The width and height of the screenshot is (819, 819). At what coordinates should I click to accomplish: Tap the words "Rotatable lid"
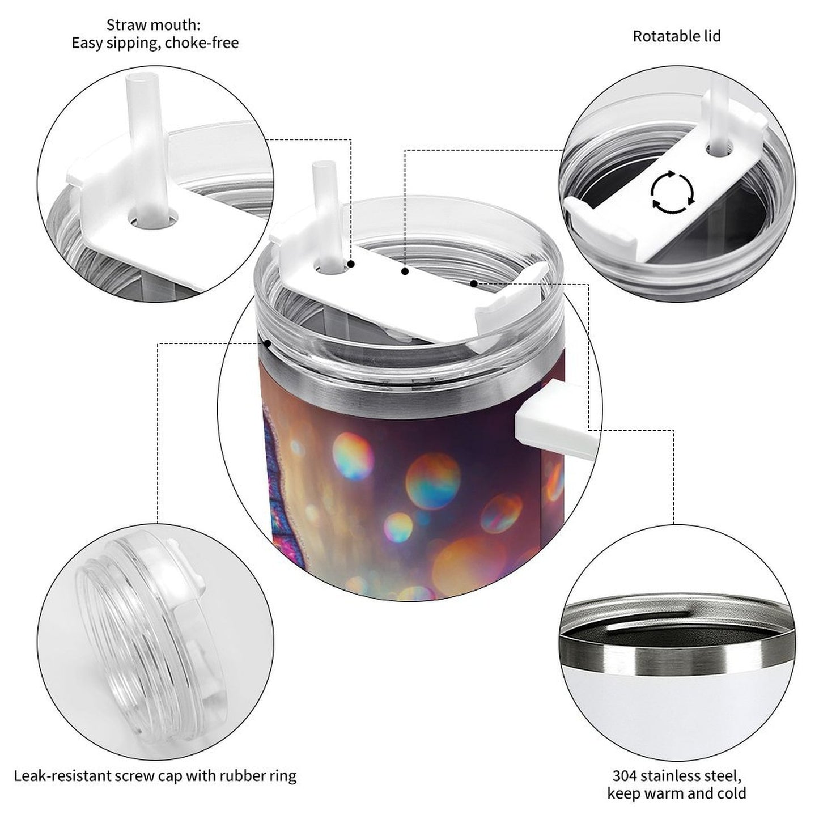pyautogui.click(x=676, y=36)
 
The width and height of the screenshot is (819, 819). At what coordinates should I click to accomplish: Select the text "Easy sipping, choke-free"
pyautogui.click(x=155, y=43)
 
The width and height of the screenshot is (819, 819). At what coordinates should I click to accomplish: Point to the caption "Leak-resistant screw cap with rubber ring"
pyautogui.click(x=155, y=775)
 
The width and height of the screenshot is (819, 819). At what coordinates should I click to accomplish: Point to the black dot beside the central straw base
pyautogui.click(x=351, y=264)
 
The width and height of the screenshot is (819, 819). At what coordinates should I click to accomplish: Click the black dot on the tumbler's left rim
pyautogui.click(x=267, y=343)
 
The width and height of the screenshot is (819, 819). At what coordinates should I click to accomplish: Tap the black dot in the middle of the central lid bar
pyautogui.click(x=405, y=271)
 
